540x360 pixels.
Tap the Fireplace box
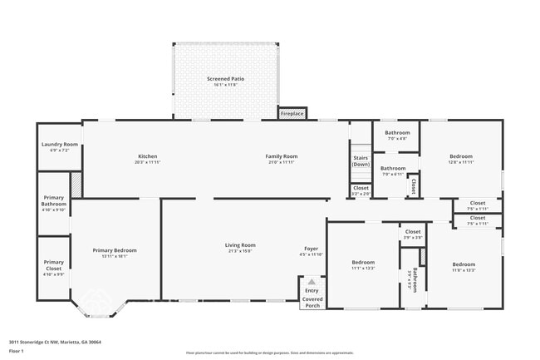[x=292, y=112]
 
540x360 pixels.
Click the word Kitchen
[x=147, y=156]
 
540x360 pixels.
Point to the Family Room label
[x=281, y=156]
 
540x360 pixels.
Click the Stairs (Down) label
[x=361, y=160]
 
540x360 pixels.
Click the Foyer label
[x=311, y=249]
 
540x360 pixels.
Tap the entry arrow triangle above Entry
[x=312, y=282]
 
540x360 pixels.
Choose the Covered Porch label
[x=312, y=302]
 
